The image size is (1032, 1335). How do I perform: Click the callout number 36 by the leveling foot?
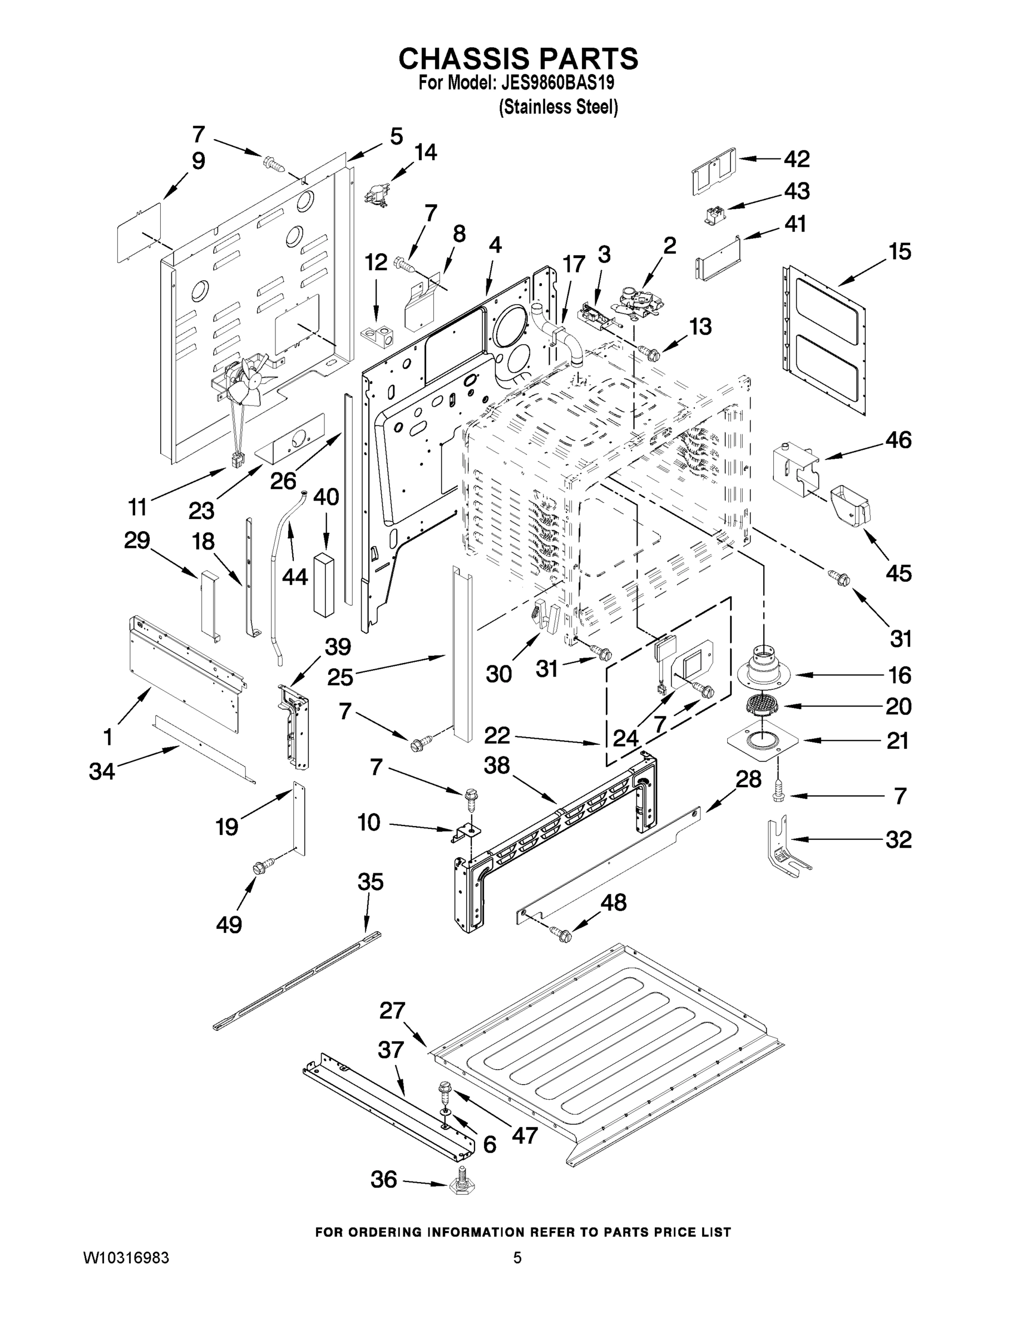[383, 1179]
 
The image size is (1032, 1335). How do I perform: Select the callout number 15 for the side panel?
[900, 251]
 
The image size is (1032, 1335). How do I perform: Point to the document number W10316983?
[126, 1257]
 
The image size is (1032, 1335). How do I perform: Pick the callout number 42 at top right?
[797, 159]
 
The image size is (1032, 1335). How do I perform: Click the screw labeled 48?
[561, 933]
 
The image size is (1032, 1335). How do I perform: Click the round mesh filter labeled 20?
[762, 705]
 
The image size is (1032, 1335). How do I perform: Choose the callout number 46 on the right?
[898, 439]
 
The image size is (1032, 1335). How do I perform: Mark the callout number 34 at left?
[101, 772]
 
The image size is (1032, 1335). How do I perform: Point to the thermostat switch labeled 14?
[373, 194]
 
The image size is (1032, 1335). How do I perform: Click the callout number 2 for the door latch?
[670, 246]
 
